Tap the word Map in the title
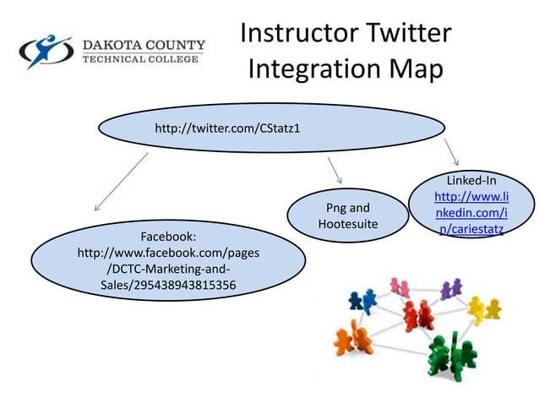point(416,70)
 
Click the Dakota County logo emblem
point(46,52)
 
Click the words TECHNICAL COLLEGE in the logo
point(142,59)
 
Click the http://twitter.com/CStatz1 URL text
point(227,128)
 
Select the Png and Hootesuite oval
point(347,216)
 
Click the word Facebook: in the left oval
point(168,237)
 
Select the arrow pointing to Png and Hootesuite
point(334,170)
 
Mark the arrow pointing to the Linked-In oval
point(451,152)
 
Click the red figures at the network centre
point(416,315)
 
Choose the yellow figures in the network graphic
point(484,308)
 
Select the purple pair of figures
point(450,287)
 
